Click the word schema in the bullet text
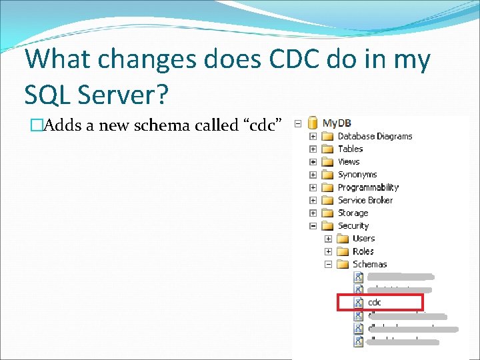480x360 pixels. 163,125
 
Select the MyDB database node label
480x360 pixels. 337,123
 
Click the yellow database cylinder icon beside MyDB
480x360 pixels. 312,123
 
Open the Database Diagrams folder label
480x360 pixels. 375,136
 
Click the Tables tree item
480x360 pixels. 350,149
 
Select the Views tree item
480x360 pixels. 348,161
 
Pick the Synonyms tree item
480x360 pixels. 357,175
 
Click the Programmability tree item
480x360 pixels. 368,187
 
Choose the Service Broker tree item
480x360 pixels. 365,200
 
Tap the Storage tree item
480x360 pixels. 353,213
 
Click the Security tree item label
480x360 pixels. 353,225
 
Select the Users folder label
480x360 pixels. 363,238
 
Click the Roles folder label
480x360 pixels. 363,251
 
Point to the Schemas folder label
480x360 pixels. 369,264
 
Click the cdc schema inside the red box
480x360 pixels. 375,303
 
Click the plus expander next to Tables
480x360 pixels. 313,149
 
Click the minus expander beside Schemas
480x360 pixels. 328,264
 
